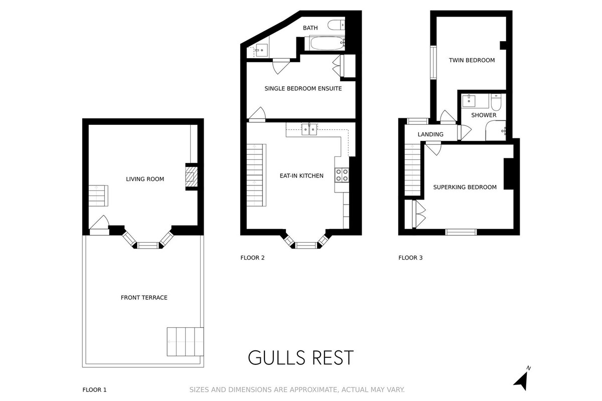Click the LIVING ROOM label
pos(145,179)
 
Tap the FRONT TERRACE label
pos(144,298)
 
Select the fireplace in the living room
pos(192,177)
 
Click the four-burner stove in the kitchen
pos(342,174)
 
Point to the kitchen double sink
pos(310,129)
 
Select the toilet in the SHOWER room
pos(496,102)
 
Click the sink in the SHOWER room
pos(469,101)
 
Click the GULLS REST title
pos(300,358)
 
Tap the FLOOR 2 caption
pos(252,258)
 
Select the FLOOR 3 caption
pos(410,258)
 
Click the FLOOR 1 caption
pos(94,389)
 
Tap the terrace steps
pos(186,342)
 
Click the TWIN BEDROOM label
pos(472,60)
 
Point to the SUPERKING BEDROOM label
pos(465,187)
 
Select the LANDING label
pos(430,134)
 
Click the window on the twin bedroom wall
pos(433,63)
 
